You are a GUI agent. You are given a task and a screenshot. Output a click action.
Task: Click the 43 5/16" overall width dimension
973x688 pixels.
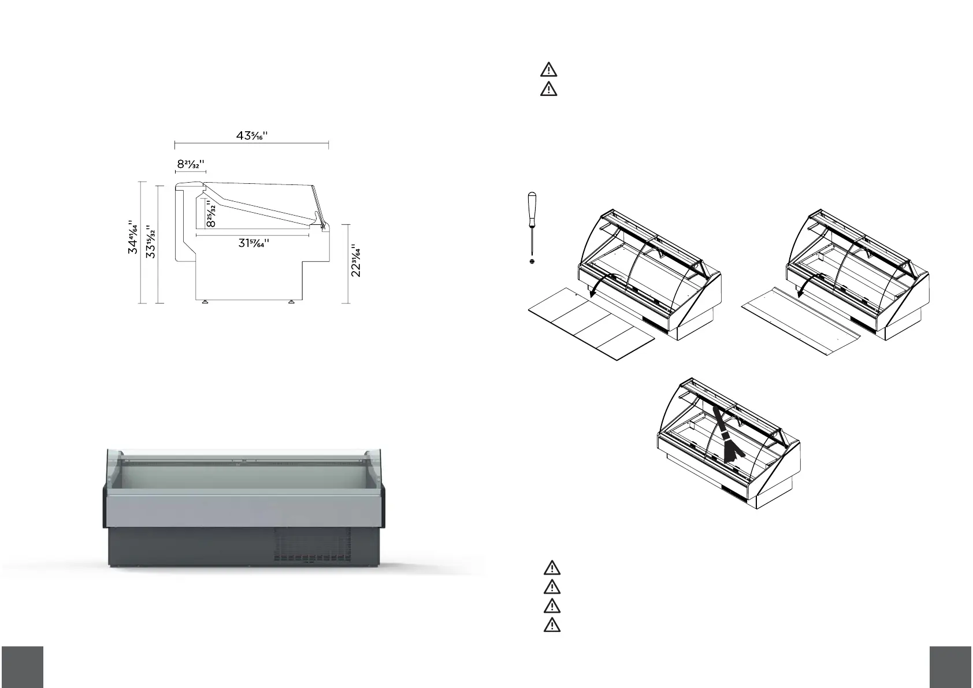tap(252, 136)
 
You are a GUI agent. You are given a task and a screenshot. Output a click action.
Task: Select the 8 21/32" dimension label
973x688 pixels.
tap(191, 164)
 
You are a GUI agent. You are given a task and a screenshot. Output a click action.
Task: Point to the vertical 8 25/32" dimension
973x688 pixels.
tap(211, 213)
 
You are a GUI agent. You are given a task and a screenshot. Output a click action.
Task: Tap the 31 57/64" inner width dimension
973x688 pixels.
tap(254, 243)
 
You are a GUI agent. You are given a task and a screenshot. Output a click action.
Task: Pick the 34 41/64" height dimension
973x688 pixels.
tap(133, 237)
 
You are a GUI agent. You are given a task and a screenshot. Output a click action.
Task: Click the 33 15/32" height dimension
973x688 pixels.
tap(150, 242)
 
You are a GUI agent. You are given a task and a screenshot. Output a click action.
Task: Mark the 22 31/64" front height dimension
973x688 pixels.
tap(356, 260)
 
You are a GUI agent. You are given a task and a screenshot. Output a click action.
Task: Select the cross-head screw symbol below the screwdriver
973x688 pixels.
tap(532, 261)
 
